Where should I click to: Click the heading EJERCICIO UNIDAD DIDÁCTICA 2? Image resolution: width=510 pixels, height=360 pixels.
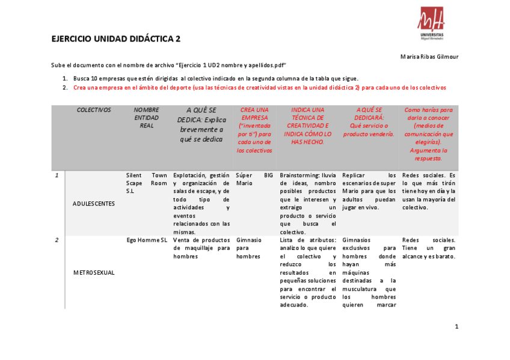[116, 39]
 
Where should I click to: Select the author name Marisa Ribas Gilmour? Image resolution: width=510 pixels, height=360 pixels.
[429, 56]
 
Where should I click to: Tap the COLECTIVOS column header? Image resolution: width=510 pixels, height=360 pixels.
[94, 110]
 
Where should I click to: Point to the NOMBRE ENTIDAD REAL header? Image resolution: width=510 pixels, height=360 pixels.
[147, 118]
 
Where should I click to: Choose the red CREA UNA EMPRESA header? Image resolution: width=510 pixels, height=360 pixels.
[254, 130]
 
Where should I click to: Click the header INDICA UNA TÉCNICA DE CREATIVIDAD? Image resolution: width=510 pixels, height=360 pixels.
[307, 126]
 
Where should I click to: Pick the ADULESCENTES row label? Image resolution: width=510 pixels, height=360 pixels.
[93, 204]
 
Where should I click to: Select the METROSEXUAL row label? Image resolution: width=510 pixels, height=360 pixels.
[93, 272]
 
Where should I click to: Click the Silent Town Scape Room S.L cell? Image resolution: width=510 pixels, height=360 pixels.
[147, 183]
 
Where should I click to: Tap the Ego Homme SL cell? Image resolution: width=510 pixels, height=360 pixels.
[147, 240]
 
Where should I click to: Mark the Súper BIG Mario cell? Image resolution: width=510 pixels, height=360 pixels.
[254, 178]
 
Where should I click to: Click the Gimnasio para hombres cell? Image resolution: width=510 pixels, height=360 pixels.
[248, 248]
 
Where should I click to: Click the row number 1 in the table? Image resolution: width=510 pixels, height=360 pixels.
[57, 175]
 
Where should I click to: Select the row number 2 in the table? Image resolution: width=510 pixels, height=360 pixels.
[57, 240]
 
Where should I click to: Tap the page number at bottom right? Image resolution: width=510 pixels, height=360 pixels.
[456, 327]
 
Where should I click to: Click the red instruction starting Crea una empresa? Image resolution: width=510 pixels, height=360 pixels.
[260, 87]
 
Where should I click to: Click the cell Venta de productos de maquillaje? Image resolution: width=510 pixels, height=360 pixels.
[201, 248]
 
